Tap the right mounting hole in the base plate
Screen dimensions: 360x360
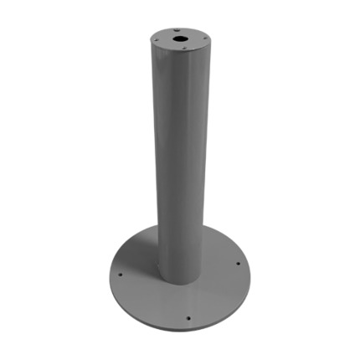point(238,263)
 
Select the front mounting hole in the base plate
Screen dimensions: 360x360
point(188,318)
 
